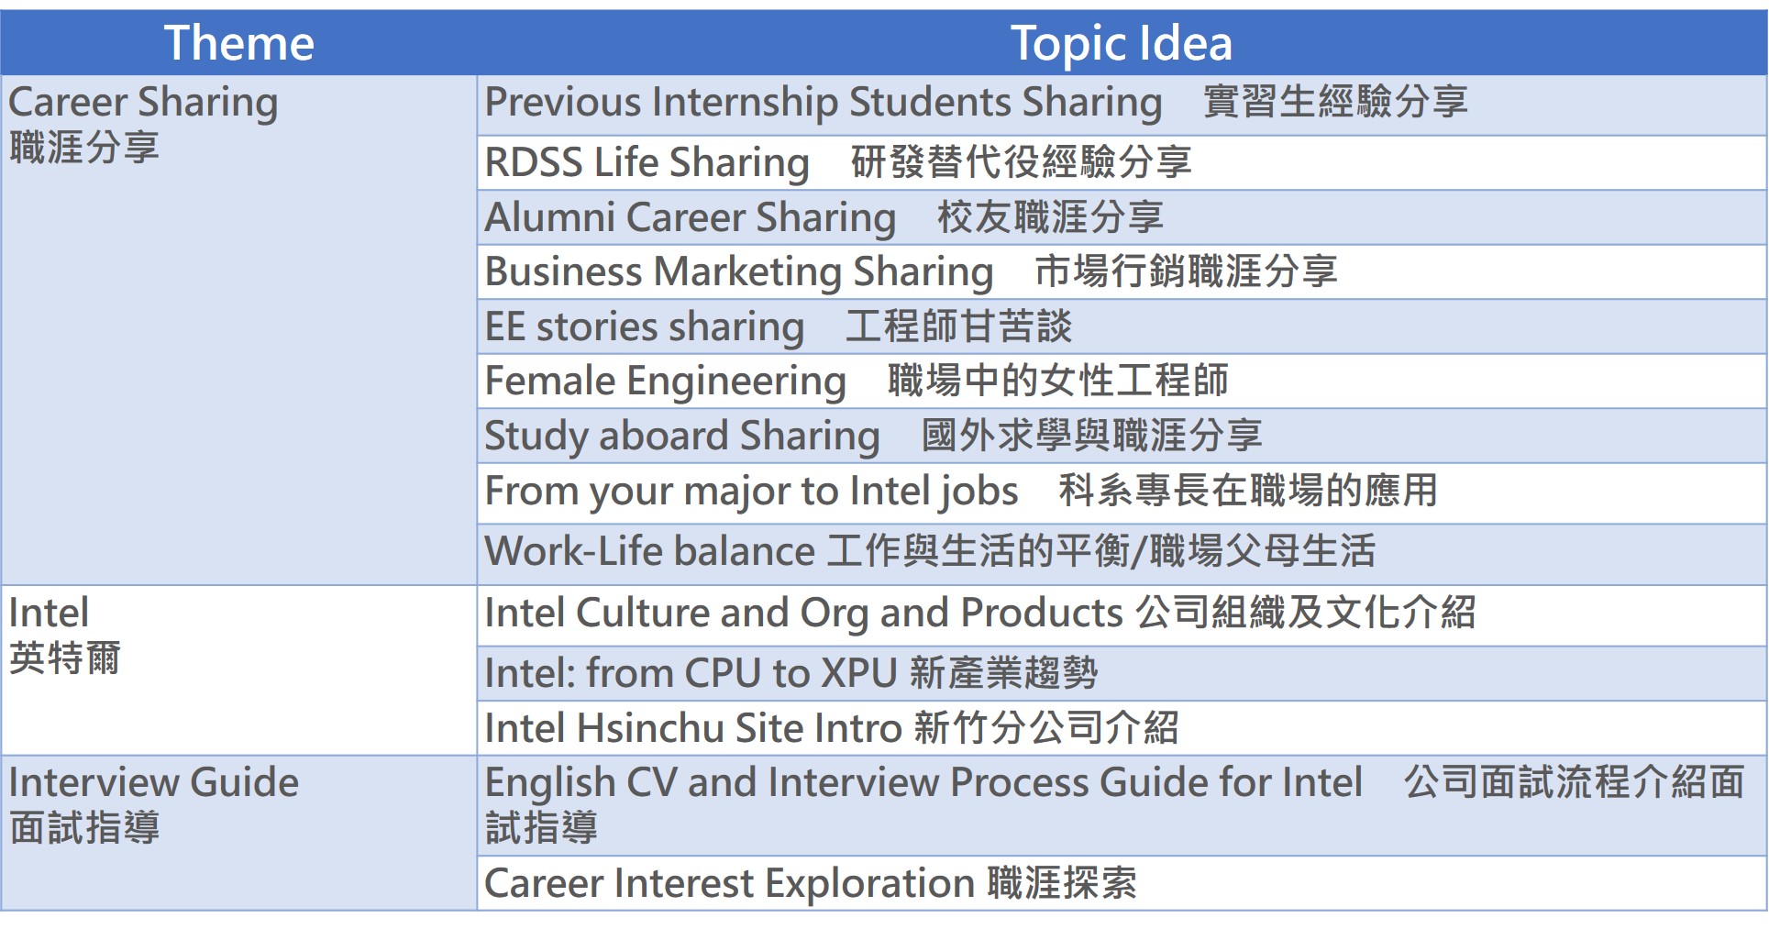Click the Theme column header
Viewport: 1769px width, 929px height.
(238, 43)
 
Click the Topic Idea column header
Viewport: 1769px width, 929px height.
(1121, 43)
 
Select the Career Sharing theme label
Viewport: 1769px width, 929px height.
(142, 103)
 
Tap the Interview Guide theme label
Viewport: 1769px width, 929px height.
(153, 783)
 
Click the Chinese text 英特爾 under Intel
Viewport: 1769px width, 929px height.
(65, 658)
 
